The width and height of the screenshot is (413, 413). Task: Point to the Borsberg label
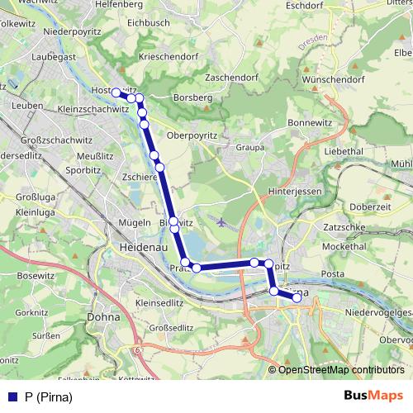tap(192, 97)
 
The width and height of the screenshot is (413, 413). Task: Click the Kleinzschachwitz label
tap(94, 109)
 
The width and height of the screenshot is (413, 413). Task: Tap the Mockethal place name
tap(344, 246)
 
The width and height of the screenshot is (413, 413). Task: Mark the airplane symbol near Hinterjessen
tap(219, 221)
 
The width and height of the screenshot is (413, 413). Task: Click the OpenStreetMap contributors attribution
tap(340, 370)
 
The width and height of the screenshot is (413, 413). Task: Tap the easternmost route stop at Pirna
tap(297, 298)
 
